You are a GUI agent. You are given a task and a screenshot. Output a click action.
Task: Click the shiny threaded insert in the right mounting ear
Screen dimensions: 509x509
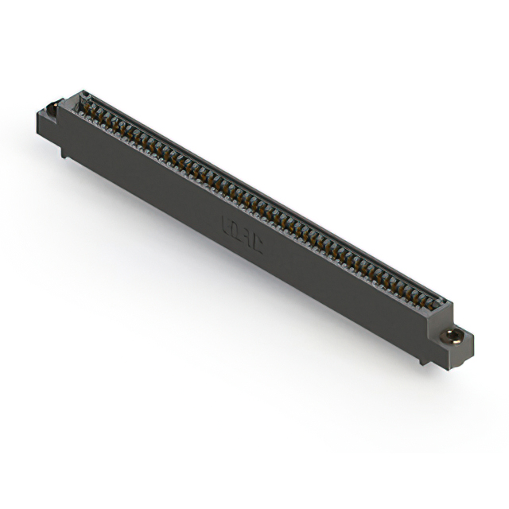tap(453, 335)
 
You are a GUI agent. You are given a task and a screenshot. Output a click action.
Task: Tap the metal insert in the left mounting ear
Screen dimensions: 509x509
tap(52, 108)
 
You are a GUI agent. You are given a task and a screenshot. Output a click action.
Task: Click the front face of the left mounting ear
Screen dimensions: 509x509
tap(46, 126)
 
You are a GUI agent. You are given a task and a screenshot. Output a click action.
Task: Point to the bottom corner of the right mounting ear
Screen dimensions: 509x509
tap(460, 367)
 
